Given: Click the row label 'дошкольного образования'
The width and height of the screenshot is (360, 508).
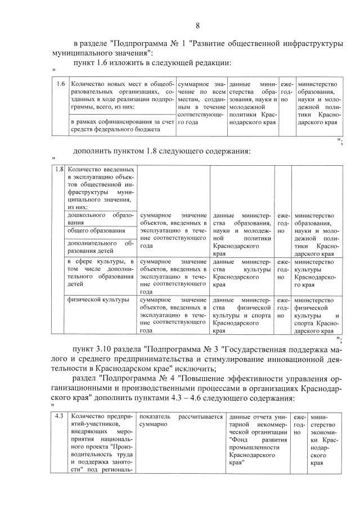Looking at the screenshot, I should (x=100, y=219).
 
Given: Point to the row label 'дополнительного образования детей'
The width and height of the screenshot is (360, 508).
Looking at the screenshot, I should (x=100, y=248).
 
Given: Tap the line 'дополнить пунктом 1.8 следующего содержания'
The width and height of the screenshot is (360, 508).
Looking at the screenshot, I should (x=161, y=151).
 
